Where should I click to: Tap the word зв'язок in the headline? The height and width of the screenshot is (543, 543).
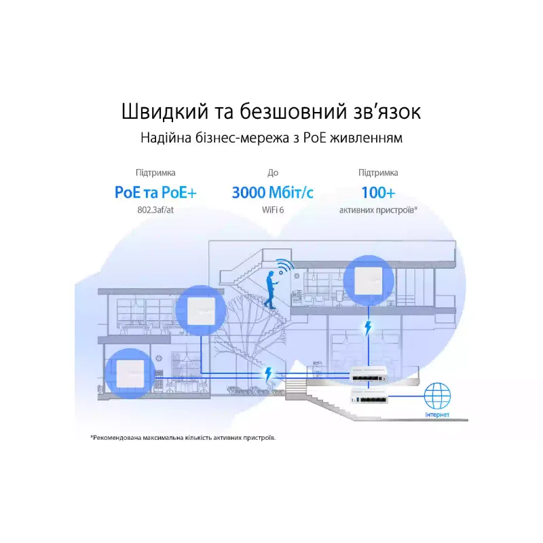pyautogui.click(x=387, y=112)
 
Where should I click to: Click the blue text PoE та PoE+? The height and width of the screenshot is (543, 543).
pyautogui.click(x=155, y=193)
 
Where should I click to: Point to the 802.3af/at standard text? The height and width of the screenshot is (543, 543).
pyautogui.click(x=155, y=210)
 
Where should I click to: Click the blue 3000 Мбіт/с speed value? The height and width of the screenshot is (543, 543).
pyautogui.click(x=273, y=193)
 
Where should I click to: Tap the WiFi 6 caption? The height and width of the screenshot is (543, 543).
pyautogui.click(x=273, y=210)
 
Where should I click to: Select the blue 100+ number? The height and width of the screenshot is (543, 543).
pyautogui.click(x=378, y=193)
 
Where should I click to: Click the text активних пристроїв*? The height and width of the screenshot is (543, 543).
pyautogui.click(x=378, y=210)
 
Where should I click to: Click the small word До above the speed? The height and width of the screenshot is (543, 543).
pyautogui.click(x=273, y=172)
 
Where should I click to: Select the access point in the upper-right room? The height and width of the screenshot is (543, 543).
pyautogui.click(x=368, y=280)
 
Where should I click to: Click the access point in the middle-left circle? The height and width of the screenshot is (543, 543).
pyautogui.click(x=201, y=310)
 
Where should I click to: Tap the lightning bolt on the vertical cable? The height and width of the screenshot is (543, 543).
pyautogui.click(x=368, y=328)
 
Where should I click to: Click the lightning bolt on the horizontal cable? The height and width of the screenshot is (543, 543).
pyautogui.click(x=267, y=374)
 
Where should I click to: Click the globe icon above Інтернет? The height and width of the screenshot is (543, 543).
pyautogui.click(x=437, y=396)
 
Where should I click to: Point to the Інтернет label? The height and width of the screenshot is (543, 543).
pyautogui.click(x=437, y=415)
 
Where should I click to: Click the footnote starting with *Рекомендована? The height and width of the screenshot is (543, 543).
pyautogui.click(x=183, y=438)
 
